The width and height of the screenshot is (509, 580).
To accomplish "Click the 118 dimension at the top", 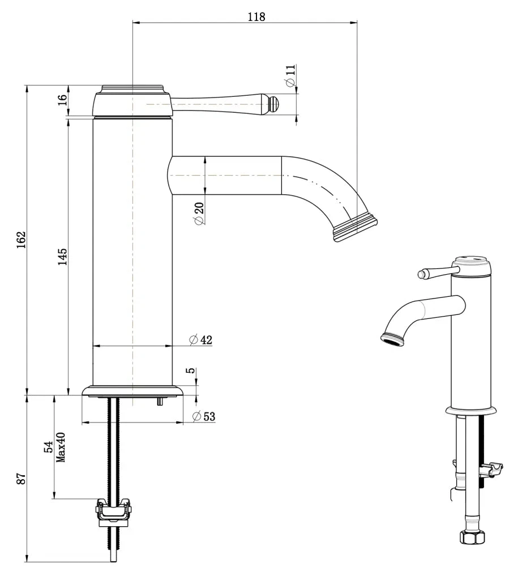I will tap(256, 16).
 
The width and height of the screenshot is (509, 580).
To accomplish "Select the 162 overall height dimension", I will tap(20, 240).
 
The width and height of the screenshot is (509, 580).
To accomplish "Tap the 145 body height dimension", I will tap(62, 256).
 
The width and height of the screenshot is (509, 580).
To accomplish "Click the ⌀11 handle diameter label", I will tap(290, 75).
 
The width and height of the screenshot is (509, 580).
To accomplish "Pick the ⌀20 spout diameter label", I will tap(199, 212).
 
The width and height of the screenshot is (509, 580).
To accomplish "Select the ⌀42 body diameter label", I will tap(200, 340).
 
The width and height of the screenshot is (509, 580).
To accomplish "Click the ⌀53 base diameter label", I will tap(204, 417).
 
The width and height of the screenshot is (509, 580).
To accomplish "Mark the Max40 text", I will tap(61, 447).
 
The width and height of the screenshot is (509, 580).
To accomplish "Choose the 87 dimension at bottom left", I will tap(20, 479).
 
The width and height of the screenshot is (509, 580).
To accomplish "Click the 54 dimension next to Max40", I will tap(49, 447).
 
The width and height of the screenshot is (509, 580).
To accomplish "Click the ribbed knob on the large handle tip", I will tap(274, 104).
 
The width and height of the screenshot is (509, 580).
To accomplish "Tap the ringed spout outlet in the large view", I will tap(355, 228).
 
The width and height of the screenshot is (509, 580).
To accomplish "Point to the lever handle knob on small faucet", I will tap(421, 274).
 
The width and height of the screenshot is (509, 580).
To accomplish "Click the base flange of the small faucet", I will tap(470, 410).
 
